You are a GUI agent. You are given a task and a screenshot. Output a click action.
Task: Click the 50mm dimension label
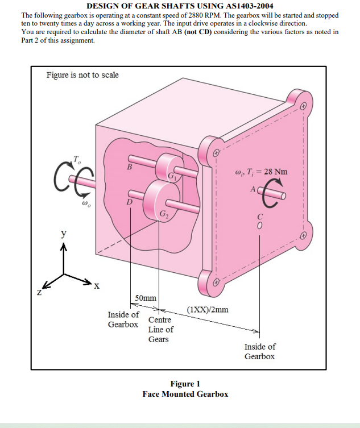(146, 298)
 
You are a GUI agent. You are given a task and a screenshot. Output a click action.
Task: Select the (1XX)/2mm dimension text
(208, 310)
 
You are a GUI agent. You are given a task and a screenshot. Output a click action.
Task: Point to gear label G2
(164, 214)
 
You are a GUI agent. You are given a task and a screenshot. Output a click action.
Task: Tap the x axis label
(96, 285)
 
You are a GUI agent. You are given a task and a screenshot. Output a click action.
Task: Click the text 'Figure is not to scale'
(82, 75)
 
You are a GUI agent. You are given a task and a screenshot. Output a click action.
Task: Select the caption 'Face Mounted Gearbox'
(185, 394)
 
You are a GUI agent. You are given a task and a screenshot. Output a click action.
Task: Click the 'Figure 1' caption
(185, 384)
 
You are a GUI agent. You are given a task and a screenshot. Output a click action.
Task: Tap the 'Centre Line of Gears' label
(160, 330)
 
